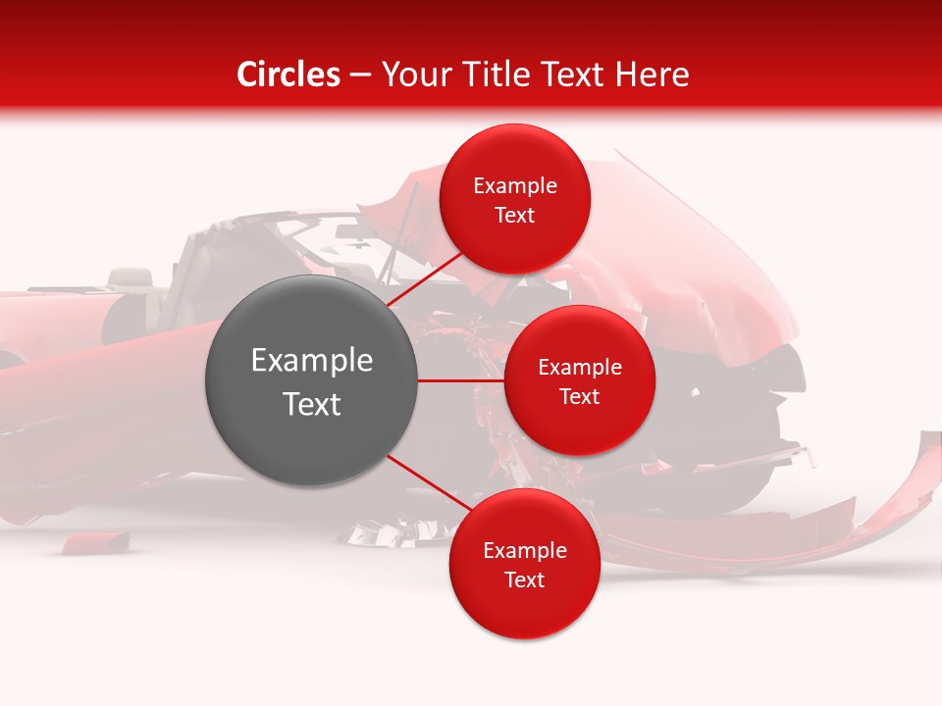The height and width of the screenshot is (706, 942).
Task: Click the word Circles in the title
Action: (288, 75)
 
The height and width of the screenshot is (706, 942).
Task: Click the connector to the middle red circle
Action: (461, 380)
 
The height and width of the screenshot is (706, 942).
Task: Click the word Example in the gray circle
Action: (312, 361)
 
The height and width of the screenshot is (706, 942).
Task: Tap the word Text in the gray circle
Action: (312, 404)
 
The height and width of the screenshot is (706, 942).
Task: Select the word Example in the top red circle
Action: (515, 186)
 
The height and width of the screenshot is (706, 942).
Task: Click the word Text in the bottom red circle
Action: (524, 580)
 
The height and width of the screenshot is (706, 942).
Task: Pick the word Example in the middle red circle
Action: (579, 368)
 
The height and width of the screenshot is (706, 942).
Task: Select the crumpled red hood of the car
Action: (687, 255)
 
